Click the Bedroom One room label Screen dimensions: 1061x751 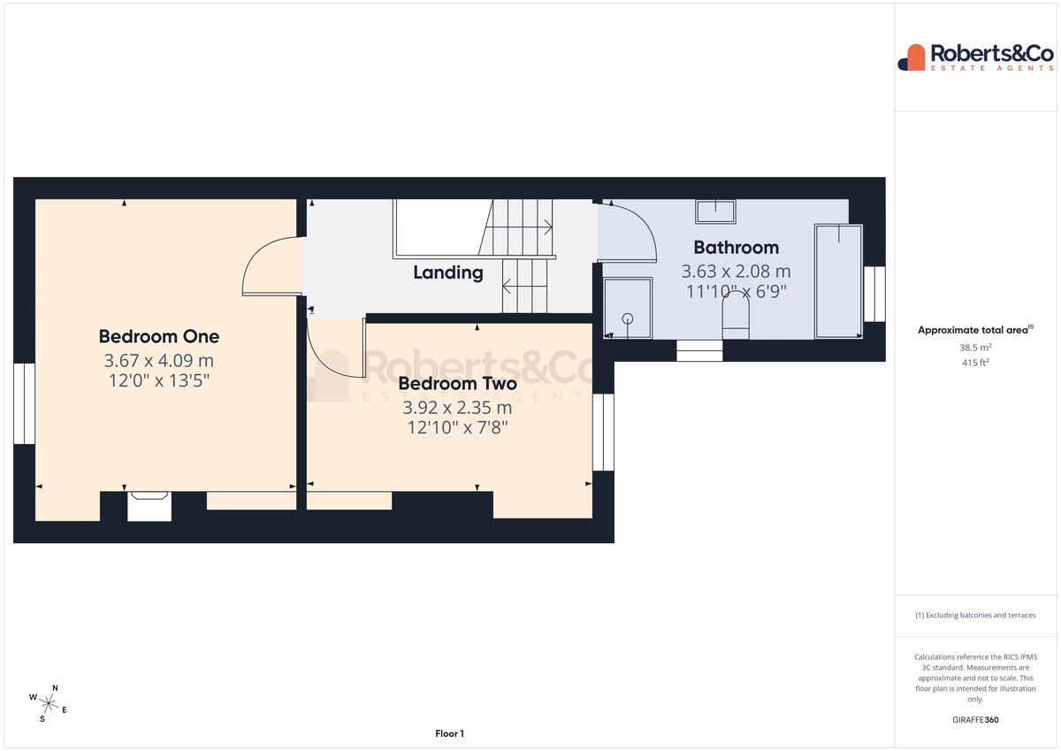(158, 336)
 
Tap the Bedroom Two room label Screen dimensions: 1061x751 (457, 383)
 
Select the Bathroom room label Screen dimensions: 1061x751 (736, 248)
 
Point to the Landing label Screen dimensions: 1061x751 (448, 272)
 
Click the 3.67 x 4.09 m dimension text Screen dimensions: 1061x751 (158, 361)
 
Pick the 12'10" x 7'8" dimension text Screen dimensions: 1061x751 (457, 427)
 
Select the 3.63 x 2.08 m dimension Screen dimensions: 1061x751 (736, 271)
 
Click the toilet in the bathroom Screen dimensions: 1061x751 (736, 316)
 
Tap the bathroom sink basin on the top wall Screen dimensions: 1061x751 (715, 211)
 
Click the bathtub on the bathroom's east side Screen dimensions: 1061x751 (838, 281)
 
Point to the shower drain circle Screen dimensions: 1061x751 (628, 318)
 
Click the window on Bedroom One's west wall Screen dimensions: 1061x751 (24, 403)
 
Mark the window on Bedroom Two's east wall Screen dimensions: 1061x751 (603, 433)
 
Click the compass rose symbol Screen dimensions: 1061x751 (49, 703)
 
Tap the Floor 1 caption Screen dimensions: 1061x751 (449, 733)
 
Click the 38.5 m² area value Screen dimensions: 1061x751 (975, 348)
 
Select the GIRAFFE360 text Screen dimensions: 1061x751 (975, 720)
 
